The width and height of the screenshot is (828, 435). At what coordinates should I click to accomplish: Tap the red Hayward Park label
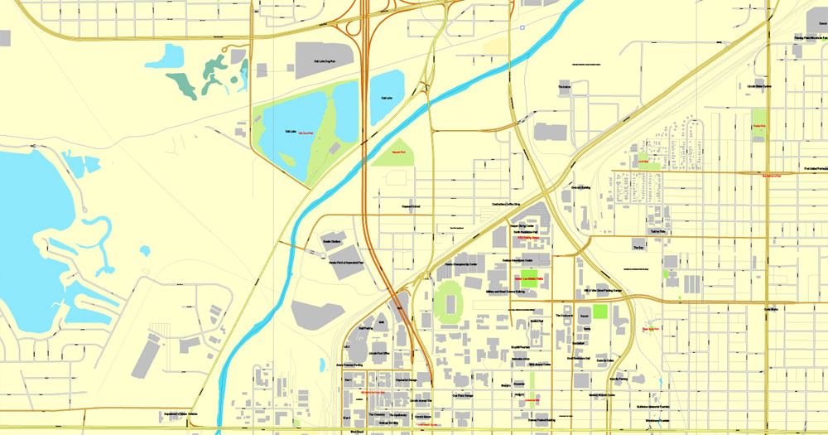[x=397, y=152]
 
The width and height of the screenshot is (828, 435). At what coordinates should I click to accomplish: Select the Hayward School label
[x=412, y=206]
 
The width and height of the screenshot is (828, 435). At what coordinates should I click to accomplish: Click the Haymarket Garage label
[x=406, y=380]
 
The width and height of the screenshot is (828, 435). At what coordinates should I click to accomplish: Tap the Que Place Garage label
[x=463, y=396]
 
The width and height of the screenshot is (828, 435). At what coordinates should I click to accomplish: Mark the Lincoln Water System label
[x=756, y=86]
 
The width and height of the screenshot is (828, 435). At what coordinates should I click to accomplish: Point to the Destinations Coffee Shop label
[x=499, y=205]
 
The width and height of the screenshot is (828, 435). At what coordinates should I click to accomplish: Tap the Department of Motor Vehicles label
[x=181, y=413]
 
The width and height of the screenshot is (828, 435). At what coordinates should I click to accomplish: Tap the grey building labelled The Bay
[x=638, y=247]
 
